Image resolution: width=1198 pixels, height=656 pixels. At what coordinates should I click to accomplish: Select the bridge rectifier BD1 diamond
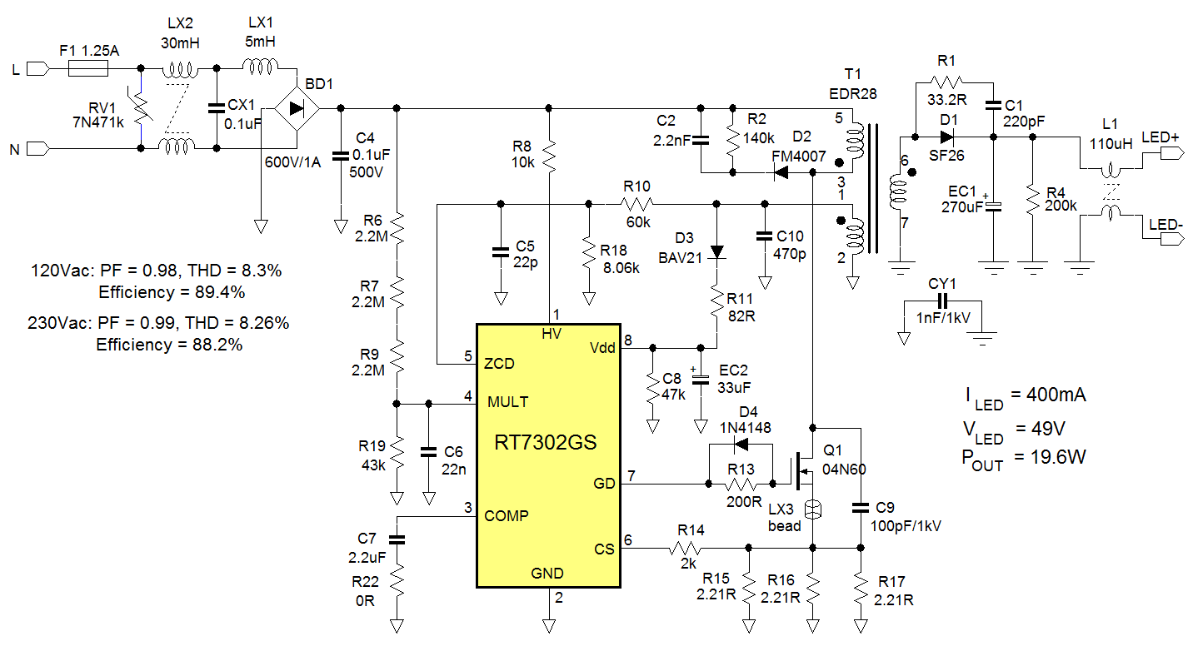[x=297, y=108]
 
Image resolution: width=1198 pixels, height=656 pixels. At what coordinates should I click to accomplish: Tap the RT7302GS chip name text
[x=547, y=442]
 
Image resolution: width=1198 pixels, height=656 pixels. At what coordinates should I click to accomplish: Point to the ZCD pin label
[x=499, y=364]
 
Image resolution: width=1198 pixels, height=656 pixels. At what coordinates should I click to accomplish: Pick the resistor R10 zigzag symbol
[x=636, y=204]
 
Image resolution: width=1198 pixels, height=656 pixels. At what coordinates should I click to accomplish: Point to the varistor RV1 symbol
[x=141, y=108]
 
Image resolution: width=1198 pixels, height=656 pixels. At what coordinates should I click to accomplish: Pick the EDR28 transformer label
[x=854, y=93]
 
